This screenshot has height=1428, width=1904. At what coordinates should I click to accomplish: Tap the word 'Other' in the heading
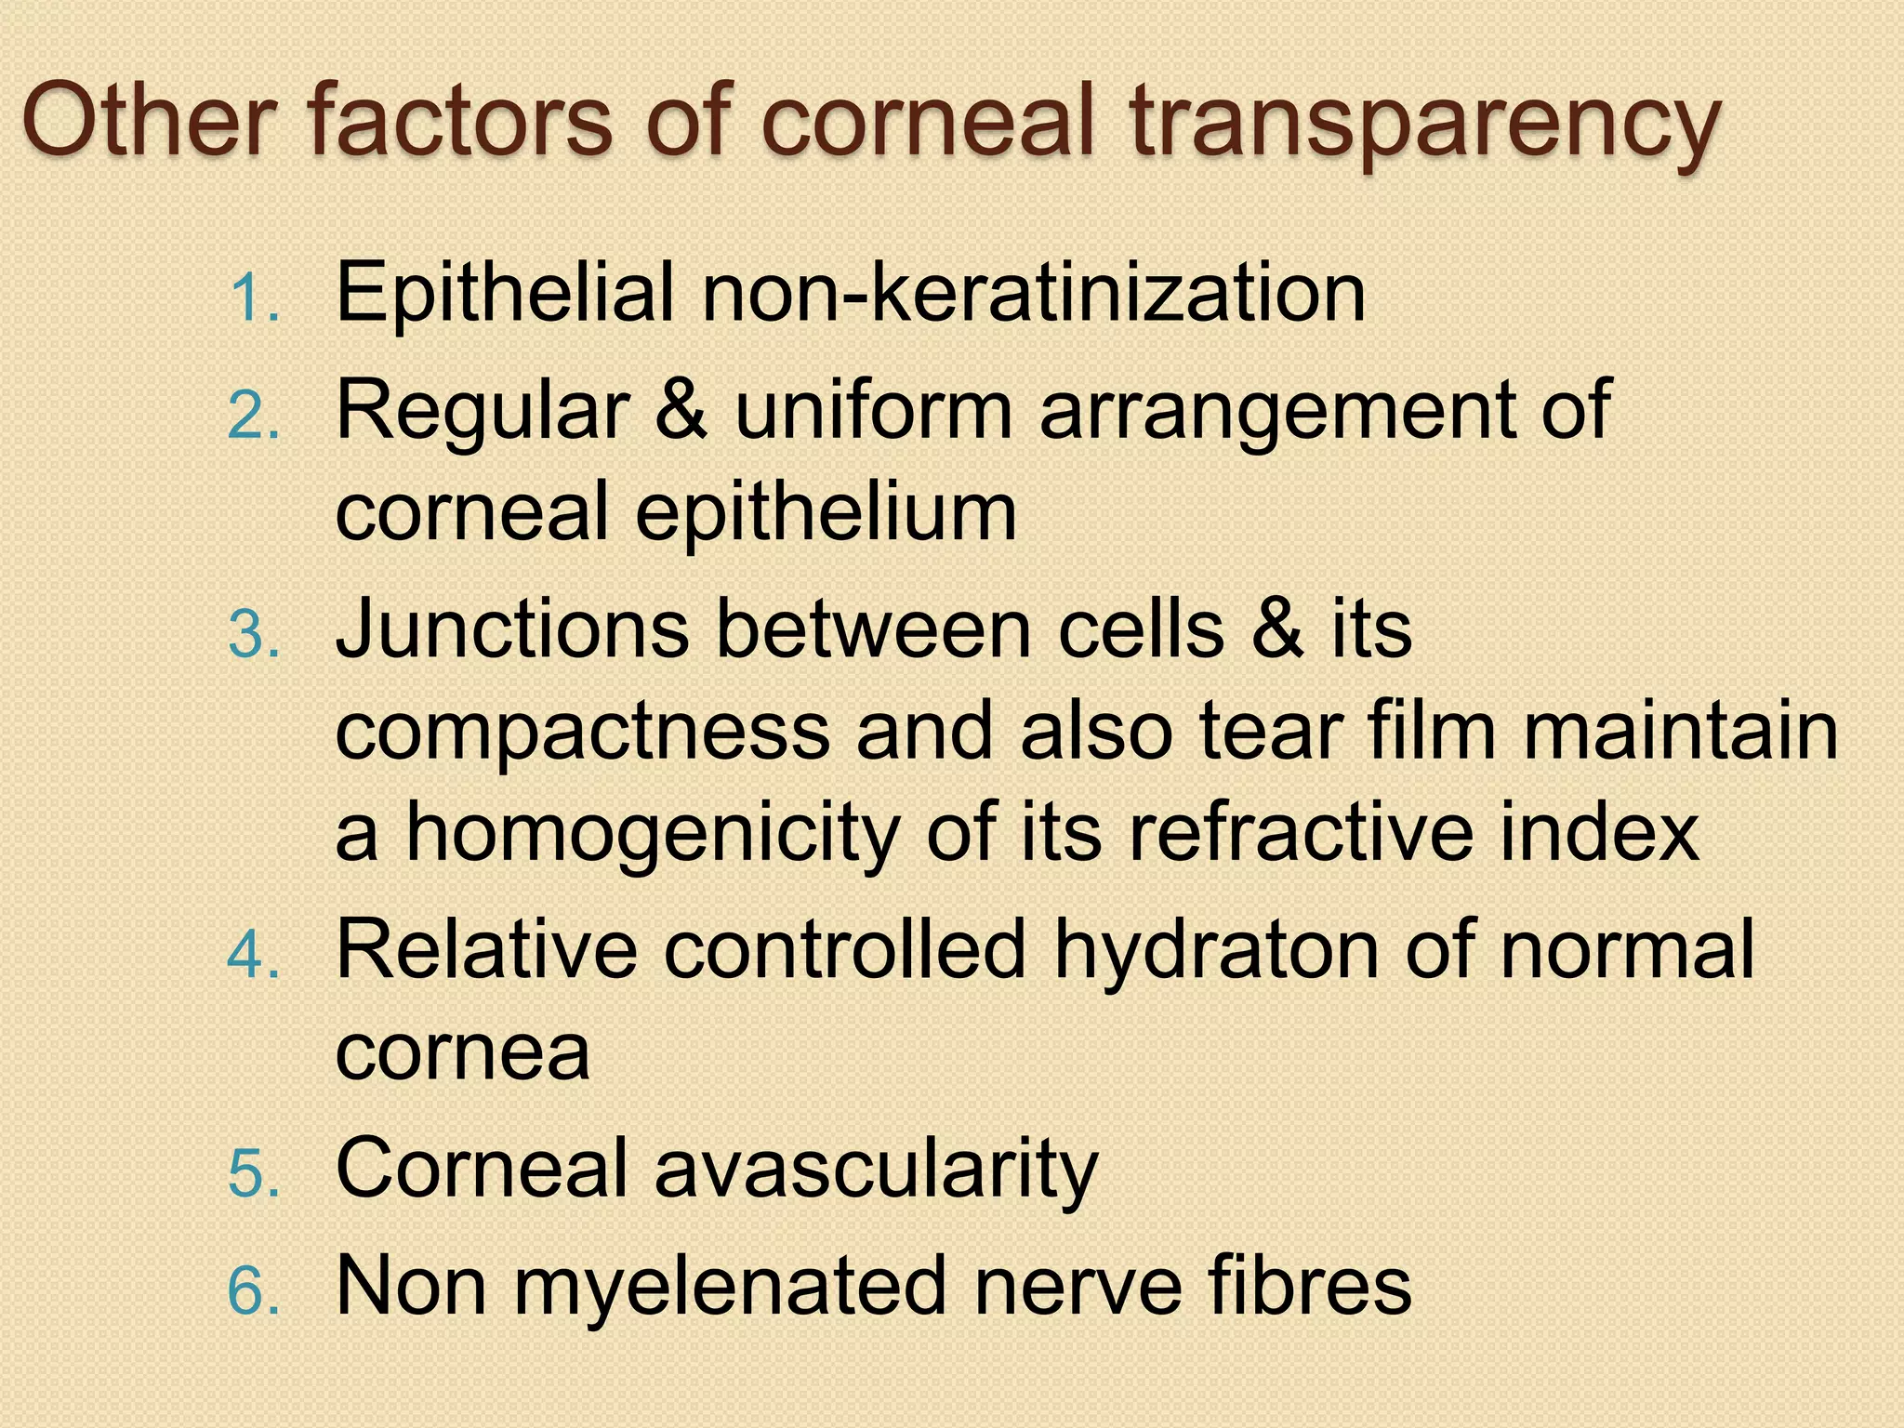(149, 121)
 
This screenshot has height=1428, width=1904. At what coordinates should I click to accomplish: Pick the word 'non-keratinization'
(1033, 293)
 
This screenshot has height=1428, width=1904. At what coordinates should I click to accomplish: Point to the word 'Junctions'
(511, 629)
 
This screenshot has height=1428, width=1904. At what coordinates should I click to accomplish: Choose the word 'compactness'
(582, 733)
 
